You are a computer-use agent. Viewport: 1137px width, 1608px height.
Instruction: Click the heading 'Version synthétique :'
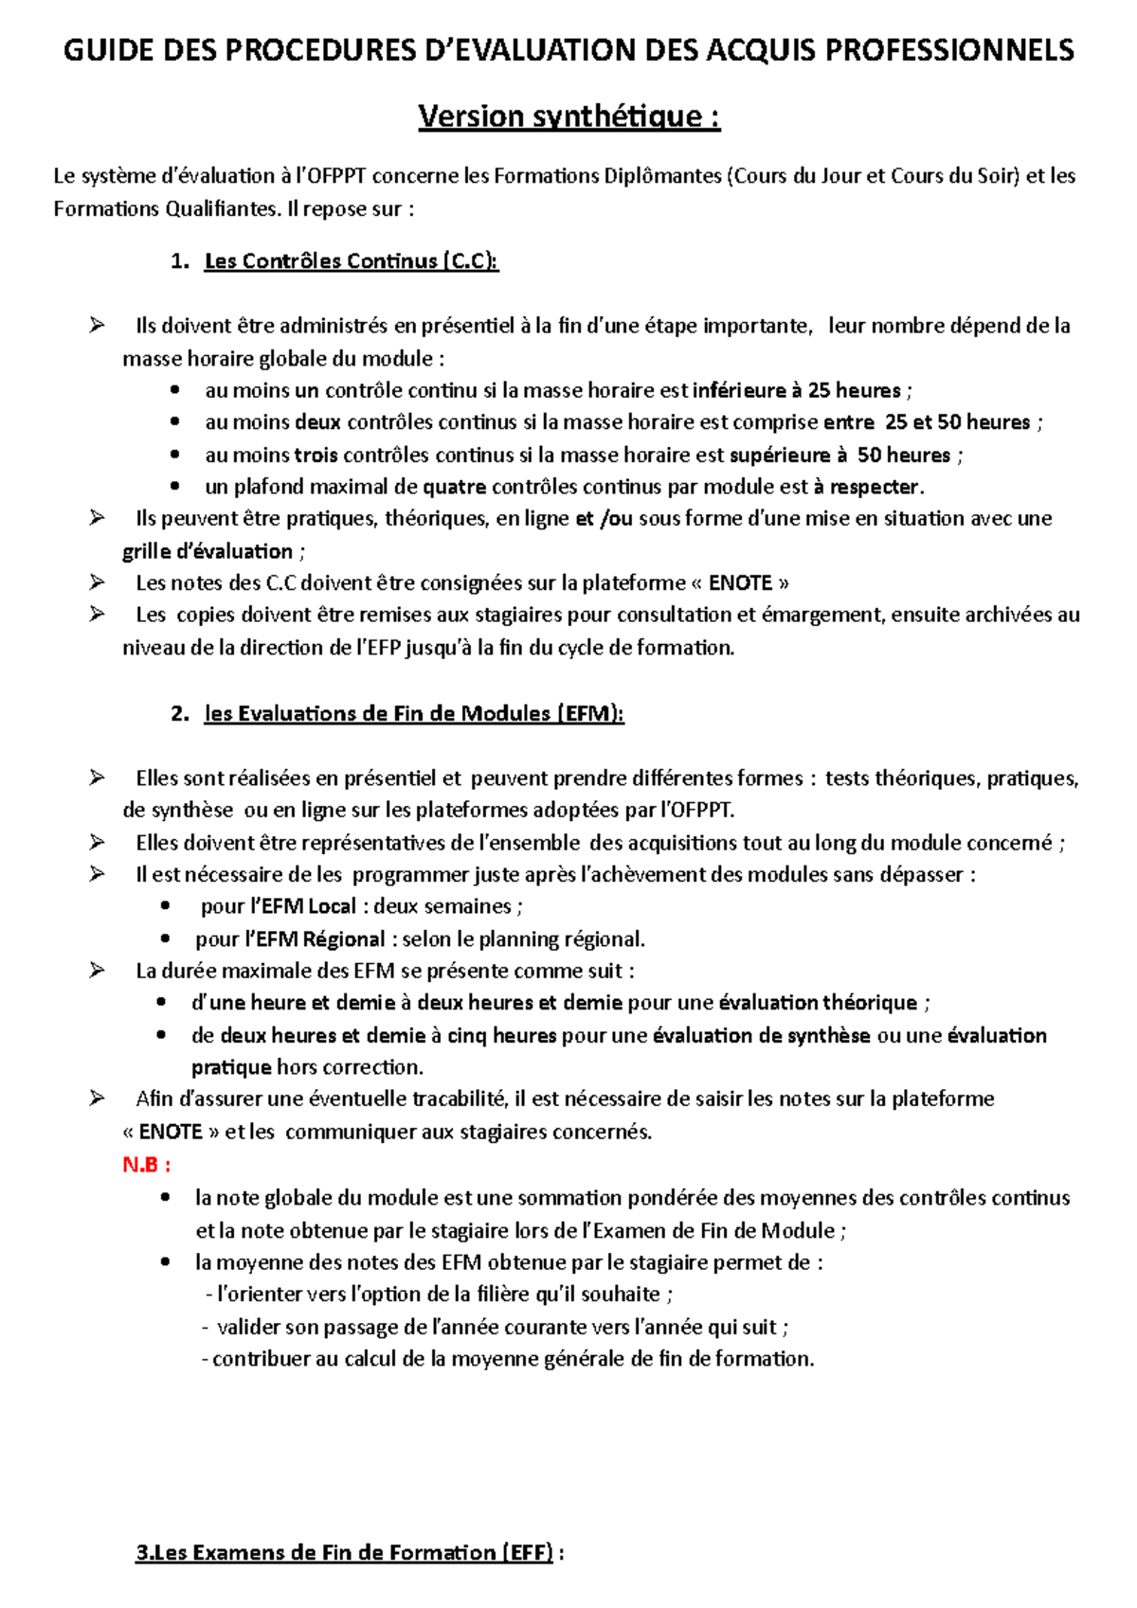click(x=568, y=116)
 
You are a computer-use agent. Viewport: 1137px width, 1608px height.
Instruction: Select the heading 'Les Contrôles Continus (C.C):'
click(x=351, y=261)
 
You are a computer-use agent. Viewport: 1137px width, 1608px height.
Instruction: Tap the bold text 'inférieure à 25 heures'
click(x=796, y=390)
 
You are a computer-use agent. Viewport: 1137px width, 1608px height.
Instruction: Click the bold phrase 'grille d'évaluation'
click(x=208, y=551)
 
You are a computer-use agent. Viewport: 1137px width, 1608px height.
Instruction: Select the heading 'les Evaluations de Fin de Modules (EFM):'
click(x=414, y=714)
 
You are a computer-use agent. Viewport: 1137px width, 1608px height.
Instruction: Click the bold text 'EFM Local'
click(x=308, y=906)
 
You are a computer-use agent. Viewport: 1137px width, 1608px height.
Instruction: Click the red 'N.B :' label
click(x=147, y=1165)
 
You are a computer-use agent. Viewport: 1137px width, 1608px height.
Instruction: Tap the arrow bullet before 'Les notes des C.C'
click(x=97, y=582)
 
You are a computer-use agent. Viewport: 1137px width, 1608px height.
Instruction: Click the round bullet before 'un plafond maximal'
click(x=174, y=487)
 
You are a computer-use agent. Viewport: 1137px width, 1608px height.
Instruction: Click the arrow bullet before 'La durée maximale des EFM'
click(x=97, y=971)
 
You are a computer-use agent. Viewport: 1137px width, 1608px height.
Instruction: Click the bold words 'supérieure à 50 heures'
click(x=839, y=455)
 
